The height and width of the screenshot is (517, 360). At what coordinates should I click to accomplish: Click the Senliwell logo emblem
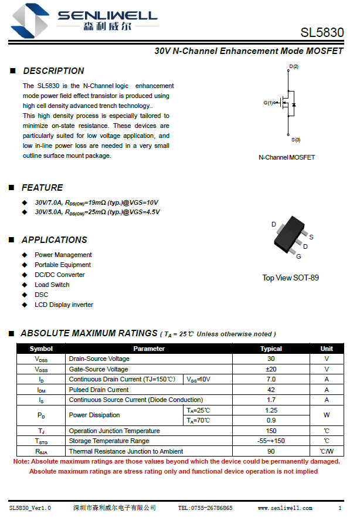30,19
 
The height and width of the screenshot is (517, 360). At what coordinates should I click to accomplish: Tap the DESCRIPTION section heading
53,71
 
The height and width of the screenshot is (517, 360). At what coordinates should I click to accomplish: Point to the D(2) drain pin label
293,67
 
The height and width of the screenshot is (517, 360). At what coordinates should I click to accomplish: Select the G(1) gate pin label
269,103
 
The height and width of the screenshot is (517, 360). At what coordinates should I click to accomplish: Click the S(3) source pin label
296,140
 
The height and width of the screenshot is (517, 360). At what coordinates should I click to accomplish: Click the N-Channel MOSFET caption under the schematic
287,157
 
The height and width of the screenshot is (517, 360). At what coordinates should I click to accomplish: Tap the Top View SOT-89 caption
290,278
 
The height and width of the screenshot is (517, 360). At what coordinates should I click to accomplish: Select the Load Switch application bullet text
52,285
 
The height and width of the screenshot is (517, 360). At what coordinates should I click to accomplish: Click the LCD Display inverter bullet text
63,305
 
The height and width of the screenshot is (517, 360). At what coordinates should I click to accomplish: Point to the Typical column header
271,349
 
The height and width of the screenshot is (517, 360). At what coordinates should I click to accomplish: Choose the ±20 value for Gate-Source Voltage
271,369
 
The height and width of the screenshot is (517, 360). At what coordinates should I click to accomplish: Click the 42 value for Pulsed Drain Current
271,390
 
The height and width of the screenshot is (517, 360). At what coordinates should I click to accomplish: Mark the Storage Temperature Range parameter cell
108,441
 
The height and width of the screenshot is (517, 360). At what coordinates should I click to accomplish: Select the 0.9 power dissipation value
271,420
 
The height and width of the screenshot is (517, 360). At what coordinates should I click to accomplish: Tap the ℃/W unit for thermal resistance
327,451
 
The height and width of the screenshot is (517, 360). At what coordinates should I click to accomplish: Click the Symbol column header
41,349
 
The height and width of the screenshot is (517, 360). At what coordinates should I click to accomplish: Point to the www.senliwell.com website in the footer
285,508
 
